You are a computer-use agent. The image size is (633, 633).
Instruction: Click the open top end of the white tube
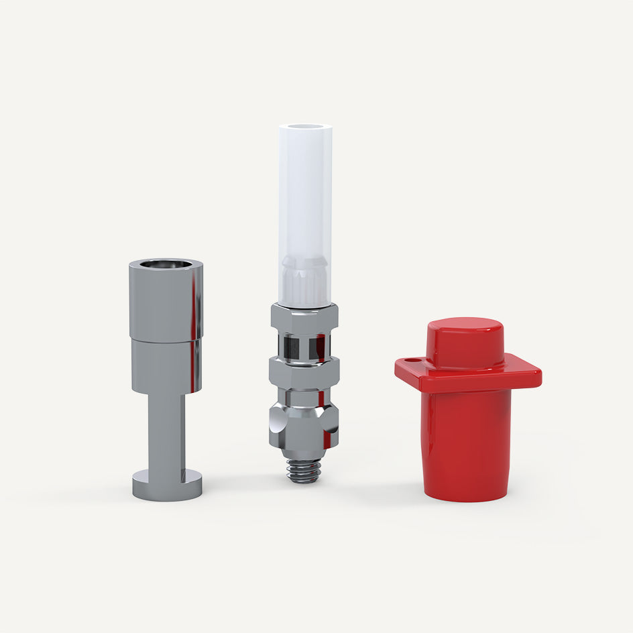pyautogui.click(x=305, y=129)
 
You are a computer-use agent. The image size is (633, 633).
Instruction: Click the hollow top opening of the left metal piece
pyautogui.click(x=166, y=264)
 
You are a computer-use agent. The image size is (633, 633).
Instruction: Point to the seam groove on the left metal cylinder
pyautogui.click(x=164, y=340)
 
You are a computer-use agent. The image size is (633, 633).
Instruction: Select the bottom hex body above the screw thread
pyautogui.click(x=305, y=422)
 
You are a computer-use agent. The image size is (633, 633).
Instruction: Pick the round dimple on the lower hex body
pyautogui.click(x=276, y=424)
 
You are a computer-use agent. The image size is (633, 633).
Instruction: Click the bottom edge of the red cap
pyautogui.click(x=467, y=496)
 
